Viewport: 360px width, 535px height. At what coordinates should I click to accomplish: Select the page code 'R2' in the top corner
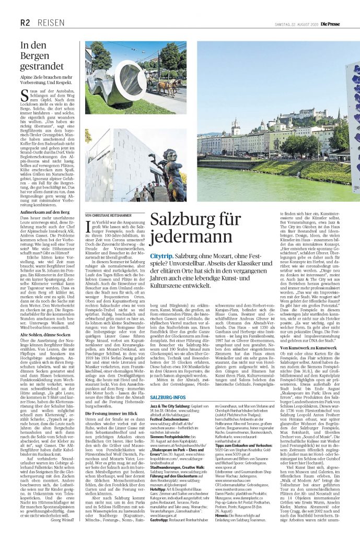click(x=25, y=23)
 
